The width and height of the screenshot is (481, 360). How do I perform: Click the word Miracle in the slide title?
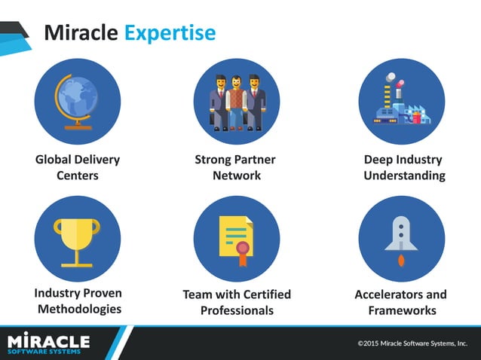pyautogui.click(x=81, y=32)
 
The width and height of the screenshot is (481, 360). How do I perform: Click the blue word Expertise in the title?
pyautogui.click(x=170, y=33)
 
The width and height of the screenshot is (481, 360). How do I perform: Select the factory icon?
pyautogui.click(x=400, y=102)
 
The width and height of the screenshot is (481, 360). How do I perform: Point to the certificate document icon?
pyautogui.click(x=236, y=239)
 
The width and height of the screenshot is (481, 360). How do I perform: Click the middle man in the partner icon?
pyautogui.click(x=236, y=101)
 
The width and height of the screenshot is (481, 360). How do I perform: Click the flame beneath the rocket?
pyautogui.click(x=401, y=261)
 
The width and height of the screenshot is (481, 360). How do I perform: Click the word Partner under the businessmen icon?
pyautogui.click(x=255, y=160)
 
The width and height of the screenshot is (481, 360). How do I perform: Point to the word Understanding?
pyautogui.click(x=404, y=175)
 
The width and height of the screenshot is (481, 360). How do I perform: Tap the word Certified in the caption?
pyautogui.click(x=262, y=294)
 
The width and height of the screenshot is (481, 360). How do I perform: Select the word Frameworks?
pyautogui.click(x=402, y=310)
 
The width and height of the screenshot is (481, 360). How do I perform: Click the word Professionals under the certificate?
pyautogui.click(x=237, y=310)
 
